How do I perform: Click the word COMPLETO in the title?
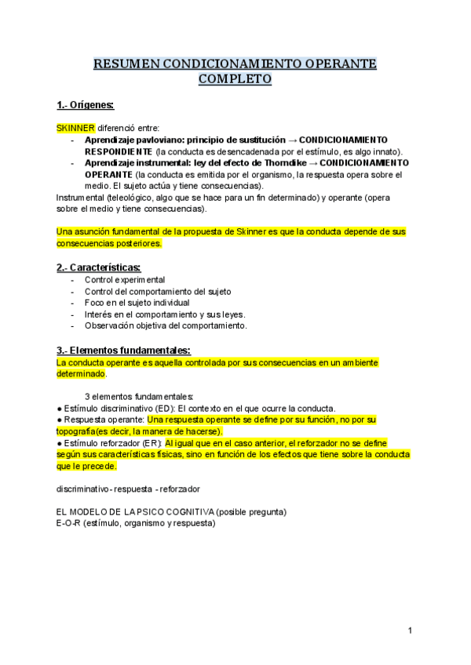click(x=235, y=79)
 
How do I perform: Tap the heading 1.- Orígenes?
click(x=86, y=104)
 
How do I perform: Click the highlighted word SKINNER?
click(x=75, y=128)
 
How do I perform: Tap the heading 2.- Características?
click(x=98, y=267)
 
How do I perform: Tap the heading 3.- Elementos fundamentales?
click(x=123, y=350)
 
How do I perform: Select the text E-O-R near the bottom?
click(x=69, y=524)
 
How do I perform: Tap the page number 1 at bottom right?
click(x=410, y=630)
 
